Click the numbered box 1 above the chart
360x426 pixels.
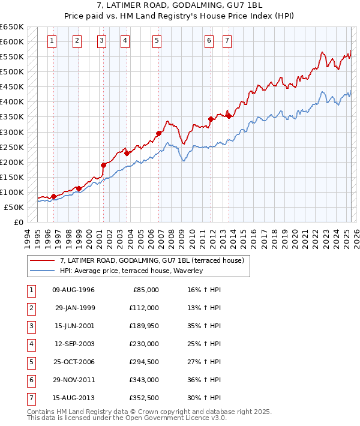click(53, 41)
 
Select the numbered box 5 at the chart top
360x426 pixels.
click(157, 41)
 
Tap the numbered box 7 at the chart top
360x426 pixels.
click(227, 41)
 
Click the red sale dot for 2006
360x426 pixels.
click(159, 133)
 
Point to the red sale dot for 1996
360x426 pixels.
click(53, 196)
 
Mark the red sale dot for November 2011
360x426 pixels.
click(211, 119)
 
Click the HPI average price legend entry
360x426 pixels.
click(131, 271)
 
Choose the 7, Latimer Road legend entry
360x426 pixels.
click(152, 261)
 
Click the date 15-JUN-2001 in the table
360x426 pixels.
click(74, 326)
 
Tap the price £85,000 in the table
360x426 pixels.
click(144, 290)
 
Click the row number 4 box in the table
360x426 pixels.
click(31, 344)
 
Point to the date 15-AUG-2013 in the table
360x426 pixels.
click(74, 398)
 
